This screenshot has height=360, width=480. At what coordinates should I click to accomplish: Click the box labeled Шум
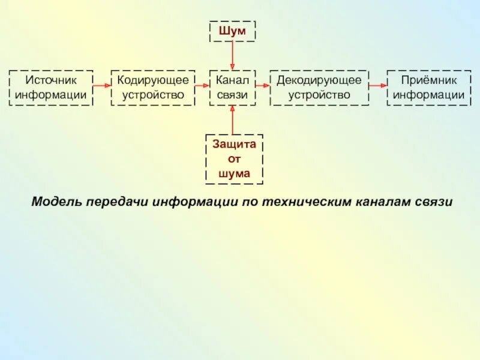[x=232, y=31]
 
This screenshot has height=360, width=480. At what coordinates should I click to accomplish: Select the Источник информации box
[x=51, y=88]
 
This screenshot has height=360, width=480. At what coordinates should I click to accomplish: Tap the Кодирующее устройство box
[x=153, y=88]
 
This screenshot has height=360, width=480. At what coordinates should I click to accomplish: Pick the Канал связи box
[x=232, y=88]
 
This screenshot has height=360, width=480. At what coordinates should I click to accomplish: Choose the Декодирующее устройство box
[x=319, y=88]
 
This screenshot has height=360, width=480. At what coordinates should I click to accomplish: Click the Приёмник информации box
[x=428, y=88]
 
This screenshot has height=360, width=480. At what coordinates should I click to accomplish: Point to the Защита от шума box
[x=235, y=159]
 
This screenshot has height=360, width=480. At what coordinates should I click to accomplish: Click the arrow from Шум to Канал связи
[x=232, y=55]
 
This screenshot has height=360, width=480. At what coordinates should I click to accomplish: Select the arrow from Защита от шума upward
[x=232, y=120]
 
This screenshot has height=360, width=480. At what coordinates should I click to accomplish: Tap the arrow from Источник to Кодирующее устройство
[x=102, y=86]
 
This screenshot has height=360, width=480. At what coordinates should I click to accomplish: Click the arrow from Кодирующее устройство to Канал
[x=202, y=86]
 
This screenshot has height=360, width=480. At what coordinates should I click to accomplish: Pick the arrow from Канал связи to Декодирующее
[x=263, y=86]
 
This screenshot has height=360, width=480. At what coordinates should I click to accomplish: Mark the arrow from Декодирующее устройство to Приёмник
[x=377, y=86]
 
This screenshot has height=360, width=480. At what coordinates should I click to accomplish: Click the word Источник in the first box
[x=51, y=80]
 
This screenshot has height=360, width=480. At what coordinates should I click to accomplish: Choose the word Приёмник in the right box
[x=428, y=80]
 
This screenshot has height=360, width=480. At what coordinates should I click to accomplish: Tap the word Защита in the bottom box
[x=235, y=145]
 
